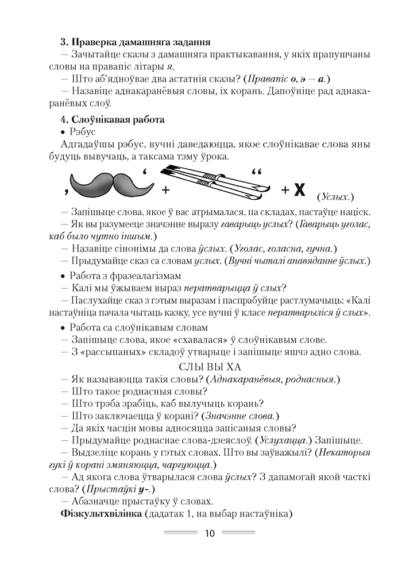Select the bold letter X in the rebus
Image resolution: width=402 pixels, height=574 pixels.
pos(299,190)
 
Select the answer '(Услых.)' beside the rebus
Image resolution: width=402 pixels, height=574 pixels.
pos(335,197)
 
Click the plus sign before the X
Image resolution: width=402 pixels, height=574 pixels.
pos(283,190)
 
